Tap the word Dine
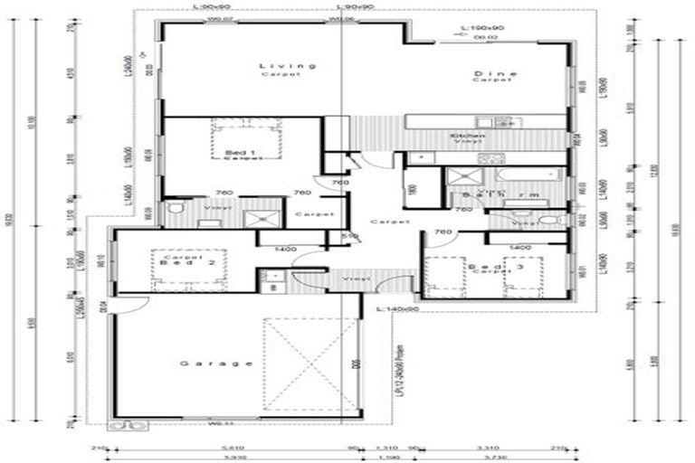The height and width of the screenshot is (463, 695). pos(493,72)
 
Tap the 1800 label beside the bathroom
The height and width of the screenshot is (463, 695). pos(413,191)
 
